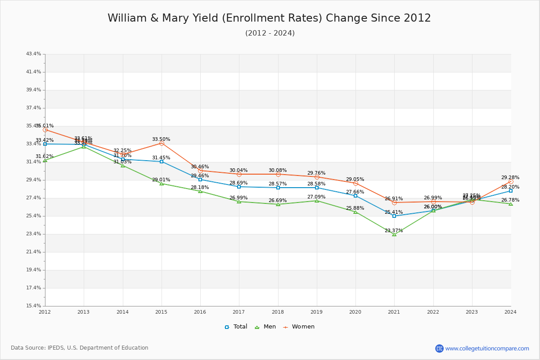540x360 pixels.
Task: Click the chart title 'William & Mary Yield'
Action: (x=269, y=18)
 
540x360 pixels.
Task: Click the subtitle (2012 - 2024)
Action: (x=270, y=33)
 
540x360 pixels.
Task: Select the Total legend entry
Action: (x=236, y=327)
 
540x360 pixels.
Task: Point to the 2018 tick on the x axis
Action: (x=278, y=311)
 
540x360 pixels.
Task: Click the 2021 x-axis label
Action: (x=394, y=311)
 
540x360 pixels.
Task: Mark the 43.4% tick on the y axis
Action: (x=34, y=54)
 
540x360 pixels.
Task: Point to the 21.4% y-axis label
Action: (x=34, y=252)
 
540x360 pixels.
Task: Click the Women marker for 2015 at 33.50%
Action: (x=162, y=143)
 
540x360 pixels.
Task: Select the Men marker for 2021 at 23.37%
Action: (x=394, y=234)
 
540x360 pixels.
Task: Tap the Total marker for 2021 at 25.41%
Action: (x=394, y=216)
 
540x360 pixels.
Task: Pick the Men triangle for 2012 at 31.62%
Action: (x=45, y=160)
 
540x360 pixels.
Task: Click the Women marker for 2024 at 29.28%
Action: (x=510, y=181)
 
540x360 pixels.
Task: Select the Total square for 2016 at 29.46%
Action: (x=200, y=180)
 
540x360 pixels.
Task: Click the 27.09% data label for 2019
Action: (x=316, y=197)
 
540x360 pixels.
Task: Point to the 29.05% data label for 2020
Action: (x=355, y=179)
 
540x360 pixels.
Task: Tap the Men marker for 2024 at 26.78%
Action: (x=510, y=204)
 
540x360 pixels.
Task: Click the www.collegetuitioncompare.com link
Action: (x=487, y=348)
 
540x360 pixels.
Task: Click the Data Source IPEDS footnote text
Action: (x=80, y=348)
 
